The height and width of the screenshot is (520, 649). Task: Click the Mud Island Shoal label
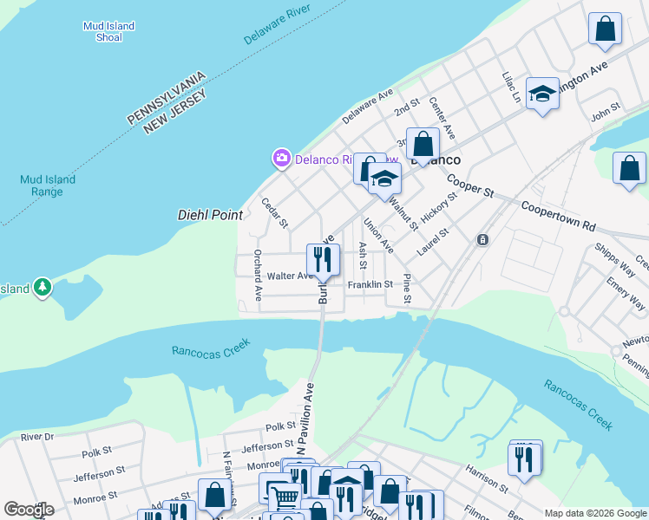(108, 32)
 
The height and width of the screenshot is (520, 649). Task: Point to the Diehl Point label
(209, 214)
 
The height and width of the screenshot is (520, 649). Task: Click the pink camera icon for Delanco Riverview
(281, 159)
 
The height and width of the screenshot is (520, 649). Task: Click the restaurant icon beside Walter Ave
(322, 259)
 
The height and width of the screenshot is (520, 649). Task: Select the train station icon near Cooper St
(482, 239)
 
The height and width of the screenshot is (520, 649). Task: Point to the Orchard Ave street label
(258, 276)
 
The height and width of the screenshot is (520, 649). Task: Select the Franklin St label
(370, 284)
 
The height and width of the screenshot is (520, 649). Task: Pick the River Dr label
(37, 437)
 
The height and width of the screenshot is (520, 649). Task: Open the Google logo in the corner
(29, 510)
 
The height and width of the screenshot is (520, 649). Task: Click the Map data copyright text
(594, 513)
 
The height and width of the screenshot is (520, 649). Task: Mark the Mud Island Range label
(48, 185)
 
